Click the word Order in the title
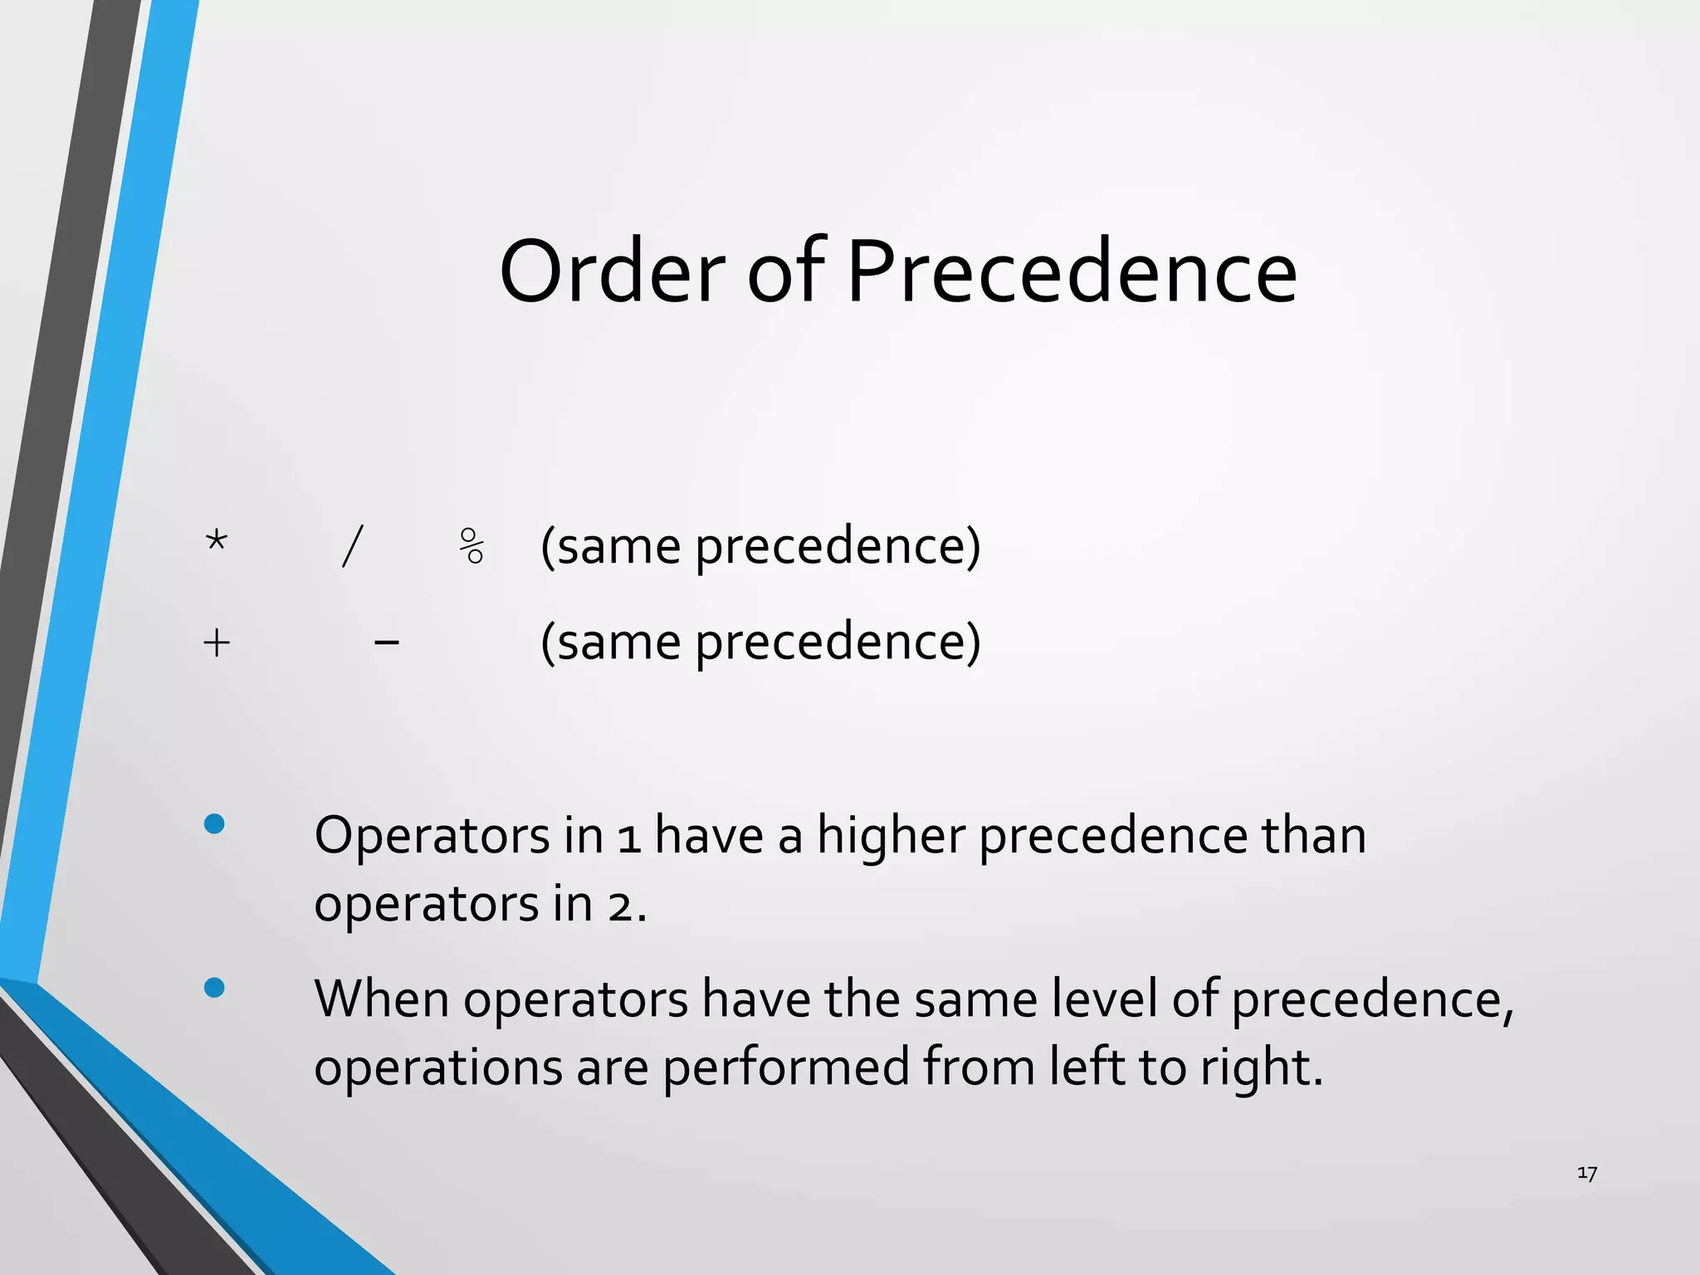pos(613,272)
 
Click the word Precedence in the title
pos(1071,272)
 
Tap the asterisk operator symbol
pos(216,542)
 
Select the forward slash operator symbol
pos(352,546)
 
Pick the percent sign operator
pos(471,546)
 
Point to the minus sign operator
pos(387,642)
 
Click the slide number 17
pos(1586,1173)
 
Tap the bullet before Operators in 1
pos(214,823)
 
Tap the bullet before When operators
pos(214,987)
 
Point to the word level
pos(1104,999)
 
